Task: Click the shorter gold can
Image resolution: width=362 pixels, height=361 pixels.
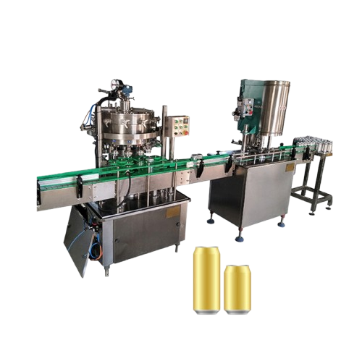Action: (237, 289)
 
